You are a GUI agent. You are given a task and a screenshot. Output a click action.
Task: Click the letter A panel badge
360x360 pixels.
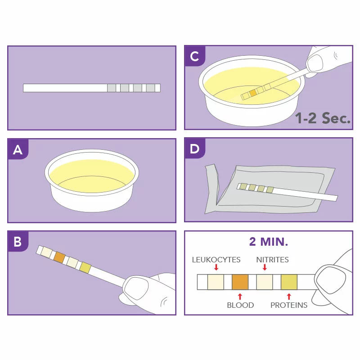pos(18,149)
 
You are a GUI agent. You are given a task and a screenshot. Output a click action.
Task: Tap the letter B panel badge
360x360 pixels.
pos(18,242)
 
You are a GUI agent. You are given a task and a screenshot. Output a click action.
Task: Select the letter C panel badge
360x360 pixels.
pos(195,56)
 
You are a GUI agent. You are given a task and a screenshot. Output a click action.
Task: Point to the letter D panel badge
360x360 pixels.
pos(195,149)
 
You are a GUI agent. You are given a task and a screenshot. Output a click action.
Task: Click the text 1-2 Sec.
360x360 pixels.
pos(323,118)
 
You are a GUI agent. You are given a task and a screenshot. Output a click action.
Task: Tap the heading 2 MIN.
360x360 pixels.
pos(269,242)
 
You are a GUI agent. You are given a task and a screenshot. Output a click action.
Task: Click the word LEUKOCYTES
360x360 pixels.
pos(216,260)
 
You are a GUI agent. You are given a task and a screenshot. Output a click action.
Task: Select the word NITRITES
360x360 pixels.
pos(272,260)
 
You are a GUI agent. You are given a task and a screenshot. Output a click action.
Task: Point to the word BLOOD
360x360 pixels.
pos(240,305)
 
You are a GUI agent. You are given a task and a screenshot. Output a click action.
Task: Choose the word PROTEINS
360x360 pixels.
pos(289,305)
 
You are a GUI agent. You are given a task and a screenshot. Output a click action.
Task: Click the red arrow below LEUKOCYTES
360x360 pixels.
pos(216,267)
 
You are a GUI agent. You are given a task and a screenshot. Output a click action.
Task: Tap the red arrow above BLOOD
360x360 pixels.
pos(240,297)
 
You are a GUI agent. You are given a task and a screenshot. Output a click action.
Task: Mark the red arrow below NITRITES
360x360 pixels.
pos(265,267)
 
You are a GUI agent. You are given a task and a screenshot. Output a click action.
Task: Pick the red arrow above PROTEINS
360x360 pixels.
pos(289,297)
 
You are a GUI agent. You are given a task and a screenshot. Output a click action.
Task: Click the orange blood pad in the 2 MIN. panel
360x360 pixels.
pos(240,282)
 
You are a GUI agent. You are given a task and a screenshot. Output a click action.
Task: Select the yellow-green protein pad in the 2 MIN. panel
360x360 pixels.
pos(289,282)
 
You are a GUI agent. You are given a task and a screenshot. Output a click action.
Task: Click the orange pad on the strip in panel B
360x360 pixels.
pos(59,257)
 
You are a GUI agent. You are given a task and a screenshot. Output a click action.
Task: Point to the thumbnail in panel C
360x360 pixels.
pos(315,63)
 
